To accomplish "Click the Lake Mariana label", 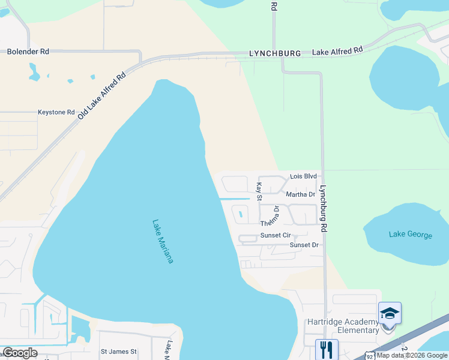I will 163,241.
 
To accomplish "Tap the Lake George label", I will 410,235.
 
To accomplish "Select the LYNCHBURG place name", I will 275,53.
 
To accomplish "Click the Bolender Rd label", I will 28,52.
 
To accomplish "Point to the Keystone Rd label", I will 56,112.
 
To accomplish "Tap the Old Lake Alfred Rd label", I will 102,95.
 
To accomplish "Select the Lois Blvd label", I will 303,176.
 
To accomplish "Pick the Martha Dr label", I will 300,194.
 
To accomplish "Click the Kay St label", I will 260,192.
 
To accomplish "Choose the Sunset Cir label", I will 276,236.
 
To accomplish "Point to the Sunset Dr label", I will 304,245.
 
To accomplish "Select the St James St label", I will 119,352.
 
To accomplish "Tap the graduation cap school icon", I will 390,313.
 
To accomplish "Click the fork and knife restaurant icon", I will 327,349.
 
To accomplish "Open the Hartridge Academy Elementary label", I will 342,326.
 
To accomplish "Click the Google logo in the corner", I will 20,353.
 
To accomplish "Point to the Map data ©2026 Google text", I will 412,355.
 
